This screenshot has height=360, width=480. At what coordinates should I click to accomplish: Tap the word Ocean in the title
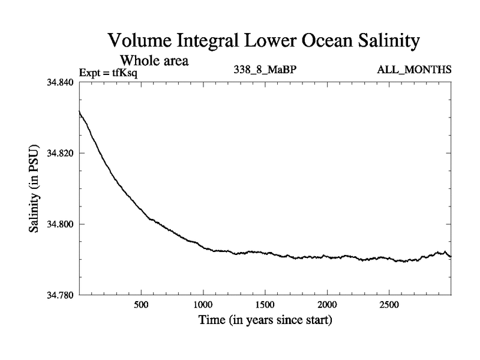(x=310, y=41)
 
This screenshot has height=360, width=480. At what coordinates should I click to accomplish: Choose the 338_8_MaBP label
(x=265, y=70)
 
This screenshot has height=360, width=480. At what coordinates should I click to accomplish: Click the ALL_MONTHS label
(x=414, y=70)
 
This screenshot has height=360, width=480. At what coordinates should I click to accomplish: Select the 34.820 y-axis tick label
(x=60, y=153)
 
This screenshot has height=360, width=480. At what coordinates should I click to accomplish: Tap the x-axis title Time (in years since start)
(x=265, y=320)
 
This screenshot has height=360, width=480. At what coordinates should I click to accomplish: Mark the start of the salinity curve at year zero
(x=79, y=111)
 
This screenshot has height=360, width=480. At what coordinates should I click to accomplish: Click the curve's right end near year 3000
(x=451, y=257)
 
